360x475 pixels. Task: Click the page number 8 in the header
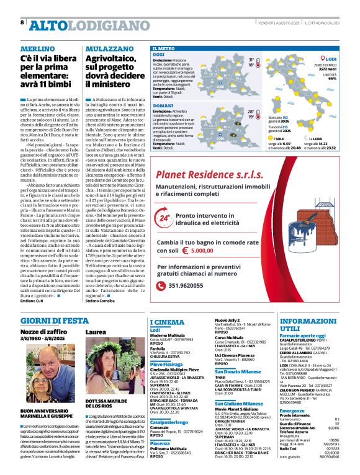(23, 23)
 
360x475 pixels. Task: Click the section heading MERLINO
(35, 48)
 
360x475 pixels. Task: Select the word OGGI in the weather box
(159, 55)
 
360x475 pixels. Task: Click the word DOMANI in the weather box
(163, 106)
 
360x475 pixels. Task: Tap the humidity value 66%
(332, 79)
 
